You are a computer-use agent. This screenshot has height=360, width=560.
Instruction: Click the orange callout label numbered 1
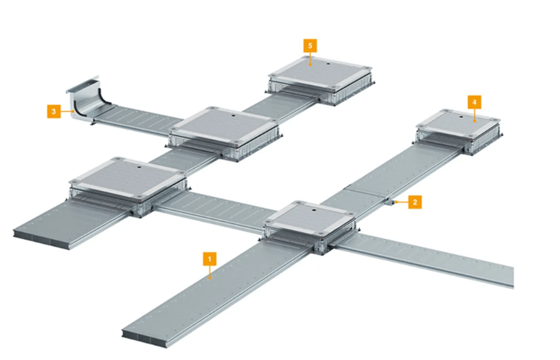[210, 258]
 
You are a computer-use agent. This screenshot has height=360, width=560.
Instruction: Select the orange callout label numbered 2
[414, 202]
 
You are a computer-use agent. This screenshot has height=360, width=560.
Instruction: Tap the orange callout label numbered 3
[54, 111]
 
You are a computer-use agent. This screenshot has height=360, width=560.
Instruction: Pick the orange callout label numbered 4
[475, 102]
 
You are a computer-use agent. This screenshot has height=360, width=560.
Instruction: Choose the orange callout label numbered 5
[310, 46]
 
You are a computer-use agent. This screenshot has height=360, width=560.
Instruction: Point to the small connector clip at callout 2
[388, 202]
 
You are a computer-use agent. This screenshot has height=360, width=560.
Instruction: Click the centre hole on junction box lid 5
[328, 64]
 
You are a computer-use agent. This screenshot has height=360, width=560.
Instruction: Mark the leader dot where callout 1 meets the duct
[210, 277]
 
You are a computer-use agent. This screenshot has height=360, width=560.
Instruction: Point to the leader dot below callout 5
[310, 65]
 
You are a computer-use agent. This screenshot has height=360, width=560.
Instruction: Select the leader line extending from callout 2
[401, 202]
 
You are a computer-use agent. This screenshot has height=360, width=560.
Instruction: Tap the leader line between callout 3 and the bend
[67, 111]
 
